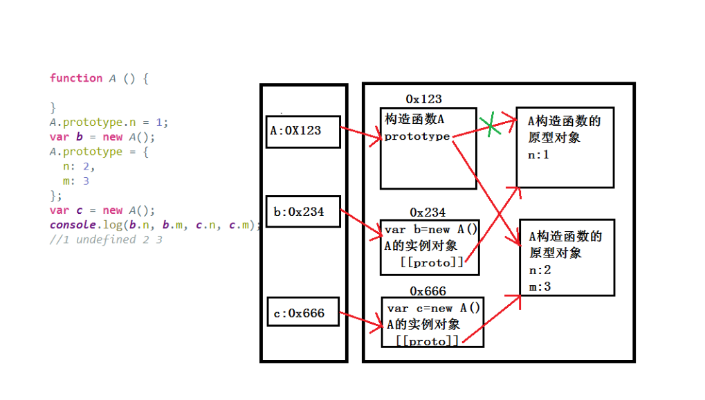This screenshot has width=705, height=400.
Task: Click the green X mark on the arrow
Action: pos(491,125)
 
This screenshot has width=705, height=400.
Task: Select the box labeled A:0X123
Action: pos(303,131)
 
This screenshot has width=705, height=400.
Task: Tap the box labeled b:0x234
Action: pos(304,211)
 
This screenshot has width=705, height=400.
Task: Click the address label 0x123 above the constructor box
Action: pos(423,100)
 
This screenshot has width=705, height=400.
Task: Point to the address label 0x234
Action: pos(428,212)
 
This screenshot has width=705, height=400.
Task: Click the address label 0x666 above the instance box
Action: pos(428,291)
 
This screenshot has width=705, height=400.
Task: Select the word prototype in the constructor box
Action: pos(417,136)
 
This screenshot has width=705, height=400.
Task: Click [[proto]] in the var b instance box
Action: pos(432,262)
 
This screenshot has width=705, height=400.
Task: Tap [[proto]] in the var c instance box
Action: pos(428,340)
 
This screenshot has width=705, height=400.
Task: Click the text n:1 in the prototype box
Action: pos(538,155)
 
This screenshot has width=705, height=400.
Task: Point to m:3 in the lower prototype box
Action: pos(540,286)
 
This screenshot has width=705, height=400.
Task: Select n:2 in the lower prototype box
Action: pos(540,270)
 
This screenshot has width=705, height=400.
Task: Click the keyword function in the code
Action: pos(76,78)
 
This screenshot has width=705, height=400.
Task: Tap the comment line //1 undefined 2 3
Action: pos(106,240)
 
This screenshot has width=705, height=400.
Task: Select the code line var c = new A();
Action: pos(102,210)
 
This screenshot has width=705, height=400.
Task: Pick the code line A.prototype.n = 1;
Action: pos(109,122)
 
